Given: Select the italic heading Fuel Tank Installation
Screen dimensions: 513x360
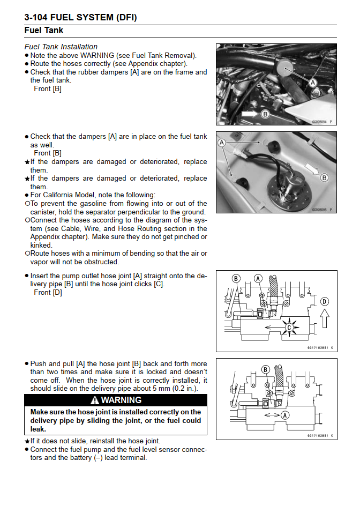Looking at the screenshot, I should [61, 47].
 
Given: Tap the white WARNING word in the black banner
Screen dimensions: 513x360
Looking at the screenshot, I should [121, 400].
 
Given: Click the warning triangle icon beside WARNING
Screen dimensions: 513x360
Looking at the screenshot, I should [95, 400].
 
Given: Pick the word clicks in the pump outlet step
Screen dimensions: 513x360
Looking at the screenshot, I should [140, 284].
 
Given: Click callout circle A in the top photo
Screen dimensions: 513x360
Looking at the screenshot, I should [313, 82].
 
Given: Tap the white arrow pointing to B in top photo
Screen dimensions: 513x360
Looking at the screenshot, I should [249, 114].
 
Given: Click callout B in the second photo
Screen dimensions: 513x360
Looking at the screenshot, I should [324, 177].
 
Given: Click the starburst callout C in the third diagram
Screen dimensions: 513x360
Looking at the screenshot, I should [290, 327].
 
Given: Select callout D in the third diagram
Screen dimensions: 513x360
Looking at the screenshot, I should [325, 301].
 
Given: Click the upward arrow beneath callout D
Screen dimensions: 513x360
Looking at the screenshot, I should [325, 320].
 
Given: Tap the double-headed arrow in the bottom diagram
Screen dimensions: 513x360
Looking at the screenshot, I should [272, 414].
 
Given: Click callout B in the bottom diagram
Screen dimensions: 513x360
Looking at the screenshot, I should [265, 369].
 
